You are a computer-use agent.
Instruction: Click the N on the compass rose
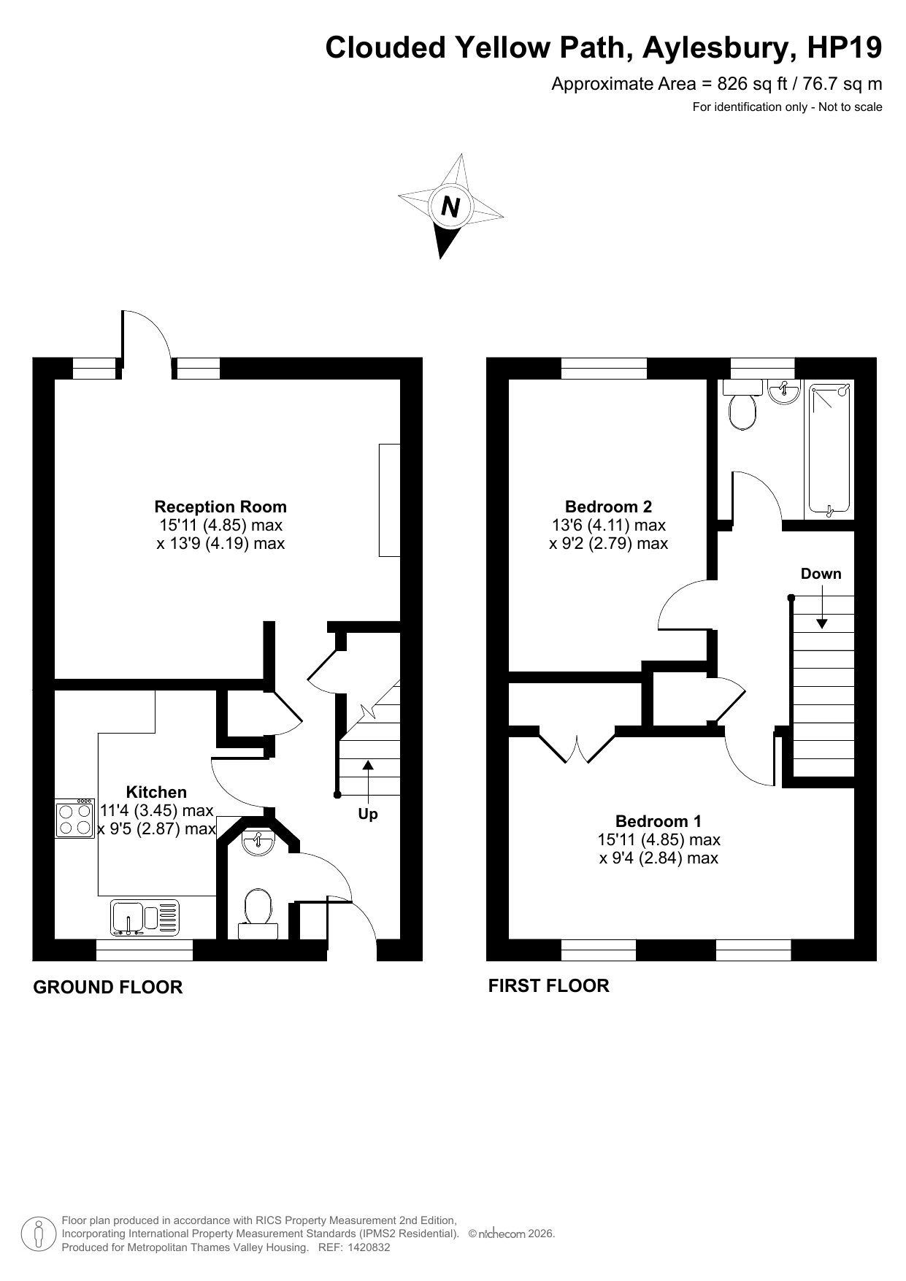[x=450, y=207]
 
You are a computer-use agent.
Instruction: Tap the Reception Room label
[x=220, y=507]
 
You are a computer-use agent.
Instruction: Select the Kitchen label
[x=156, y=792]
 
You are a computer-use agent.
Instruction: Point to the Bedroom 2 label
[x=608, y=507]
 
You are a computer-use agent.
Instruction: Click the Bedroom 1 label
[x=659, y=821]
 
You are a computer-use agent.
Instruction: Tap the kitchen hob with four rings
[x=75, y=818]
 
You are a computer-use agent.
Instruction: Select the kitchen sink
[x=145, y=918]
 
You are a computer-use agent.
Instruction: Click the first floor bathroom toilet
[x=743, y=406]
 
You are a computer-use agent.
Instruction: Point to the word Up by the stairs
[x=368, y=814]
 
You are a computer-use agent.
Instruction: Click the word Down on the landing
[x=821, y=574]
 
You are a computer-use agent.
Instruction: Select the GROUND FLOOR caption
[x=108, y=988]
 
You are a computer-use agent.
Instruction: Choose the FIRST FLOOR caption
[x=548, y=986]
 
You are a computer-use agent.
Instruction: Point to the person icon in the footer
[x=39, y=1234]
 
